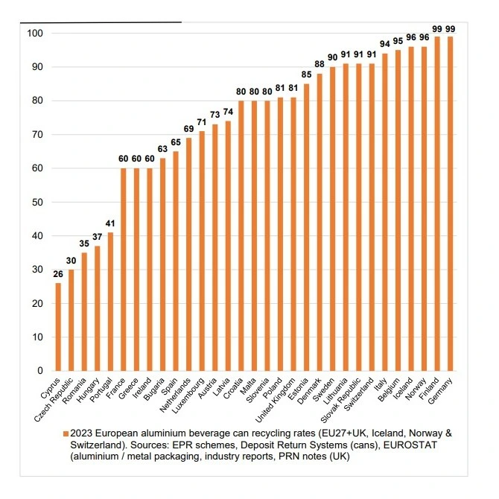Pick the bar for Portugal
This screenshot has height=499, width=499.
110,302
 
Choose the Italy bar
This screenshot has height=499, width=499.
384,212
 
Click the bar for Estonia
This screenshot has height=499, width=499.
306,227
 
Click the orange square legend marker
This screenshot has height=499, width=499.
66,433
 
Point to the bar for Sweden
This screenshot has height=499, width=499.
332,219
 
